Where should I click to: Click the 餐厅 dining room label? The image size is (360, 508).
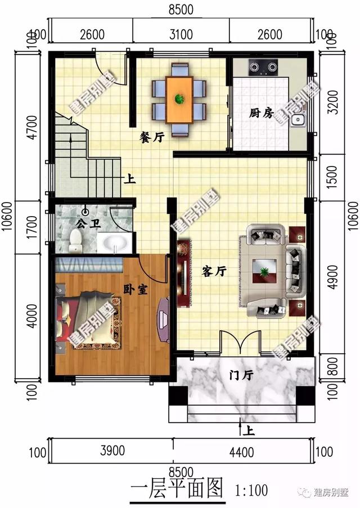(152, 137)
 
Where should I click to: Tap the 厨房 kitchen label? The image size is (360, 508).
(262, 113)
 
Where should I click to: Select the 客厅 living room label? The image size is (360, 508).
(214, 272)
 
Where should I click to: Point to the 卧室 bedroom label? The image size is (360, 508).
(136, 289)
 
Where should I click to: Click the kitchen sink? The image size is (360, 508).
(299, 120)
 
